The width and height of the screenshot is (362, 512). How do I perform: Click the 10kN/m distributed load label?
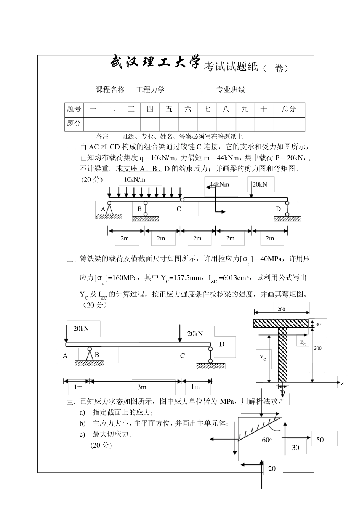pyautogui.click(x=135, y=179)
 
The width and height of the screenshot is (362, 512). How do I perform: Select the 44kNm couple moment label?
pyautogui.click(x=219, y=184)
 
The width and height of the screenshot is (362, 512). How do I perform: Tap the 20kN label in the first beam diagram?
pyautogui.click(x=259, y=184)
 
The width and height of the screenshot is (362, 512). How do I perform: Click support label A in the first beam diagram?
pyautogui.click(x=103, y=209)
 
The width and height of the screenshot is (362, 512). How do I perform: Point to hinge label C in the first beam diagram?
pyautogui.click(x=178, y=209)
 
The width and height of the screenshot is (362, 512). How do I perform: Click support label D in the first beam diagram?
pyautogui.click(x=278, y=209)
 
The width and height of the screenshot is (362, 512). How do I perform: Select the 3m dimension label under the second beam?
pyautogui.click(x=142, y=387)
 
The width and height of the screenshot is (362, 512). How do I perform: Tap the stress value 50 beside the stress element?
pyautogui.click(x=320, y=440)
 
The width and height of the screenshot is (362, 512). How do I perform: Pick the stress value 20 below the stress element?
pyautogui.click(x=272, y=469)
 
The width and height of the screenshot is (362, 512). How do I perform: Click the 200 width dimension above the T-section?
pyautogui.click(x=281, y=309)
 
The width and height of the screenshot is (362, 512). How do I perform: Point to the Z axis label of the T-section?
pyautogui.click(x=342, y=384)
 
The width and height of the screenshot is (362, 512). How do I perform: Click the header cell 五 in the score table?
pyautogui.click(x=169, y=109)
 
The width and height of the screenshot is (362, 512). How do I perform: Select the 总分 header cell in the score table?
pyautogui.click(x=289, y=109)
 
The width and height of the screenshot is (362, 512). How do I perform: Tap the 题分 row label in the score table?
pyautogui.click(x=74, y=123)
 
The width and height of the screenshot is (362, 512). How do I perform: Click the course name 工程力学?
pyautogui.click(x=151, y=90)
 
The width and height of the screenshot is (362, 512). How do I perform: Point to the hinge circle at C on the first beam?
pyautogui.click(x=182, y=199)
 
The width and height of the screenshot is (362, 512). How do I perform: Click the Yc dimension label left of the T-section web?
pyautogui.click(x=263, y=357)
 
